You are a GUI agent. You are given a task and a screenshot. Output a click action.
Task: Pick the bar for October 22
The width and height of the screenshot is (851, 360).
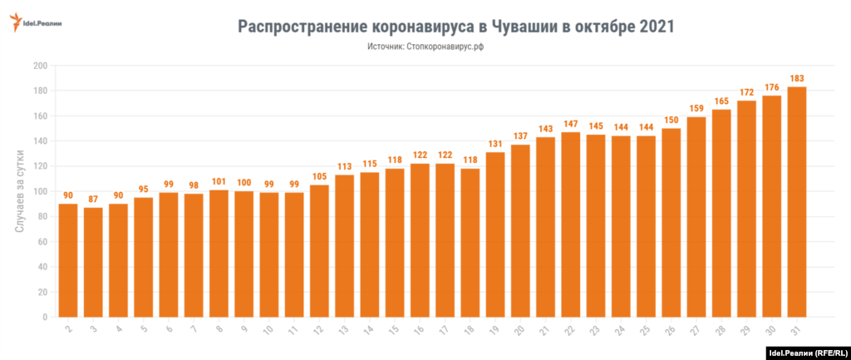(570, 224)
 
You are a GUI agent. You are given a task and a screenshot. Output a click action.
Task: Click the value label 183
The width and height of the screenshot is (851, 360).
(796, 79)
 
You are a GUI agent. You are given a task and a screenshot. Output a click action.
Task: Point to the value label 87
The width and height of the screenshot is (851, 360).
(93, 200)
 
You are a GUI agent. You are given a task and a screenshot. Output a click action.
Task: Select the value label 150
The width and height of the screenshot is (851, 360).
(671, 121)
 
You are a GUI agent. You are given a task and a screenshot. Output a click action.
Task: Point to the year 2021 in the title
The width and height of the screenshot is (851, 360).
(657, 27)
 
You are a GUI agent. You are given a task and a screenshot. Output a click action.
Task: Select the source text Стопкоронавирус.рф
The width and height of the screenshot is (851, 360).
(445, 48)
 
